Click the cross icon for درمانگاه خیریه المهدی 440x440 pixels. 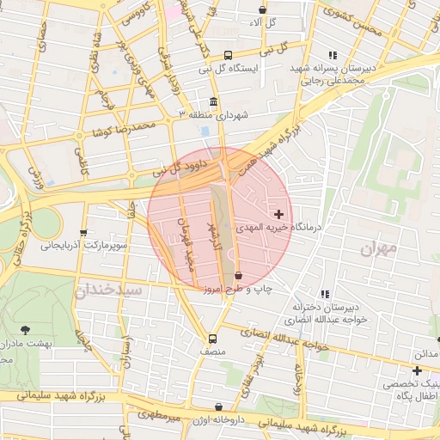pyautogui.click(x=278, y=213)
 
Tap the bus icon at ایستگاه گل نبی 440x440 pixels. pyautogui.click(x=227, y=53)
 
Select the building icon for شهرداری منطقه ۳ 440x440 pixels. pyautogui.click(x=213, y=101)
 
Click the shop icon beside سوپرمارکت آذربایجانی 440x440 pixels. pyautogui.click(x=83, y=232)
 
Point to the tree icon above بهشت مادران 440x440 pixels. pyautogui.click(x=24, y=329)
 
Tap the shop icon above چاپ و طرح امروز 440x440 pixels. pyautogui.click(x=238, y=276)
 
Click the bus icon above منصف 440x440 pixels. pyautogui.click(x=212, y=339)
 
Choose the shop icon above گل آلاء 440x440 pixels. pyautogui.click(x=262, y=10)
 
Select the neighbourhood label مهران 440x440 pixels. pyautogui.click(x=378, y=249)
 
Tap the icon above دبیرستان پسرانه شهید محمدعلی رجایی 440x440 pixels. pyautogui.click(x=333, y=55)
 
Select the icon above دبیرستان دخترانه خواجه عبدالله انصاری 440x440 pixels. pyautogui.click(x=324, y=294)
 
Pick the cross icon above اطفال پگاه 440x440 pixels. pyautogui.click(x=417, y=371)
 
